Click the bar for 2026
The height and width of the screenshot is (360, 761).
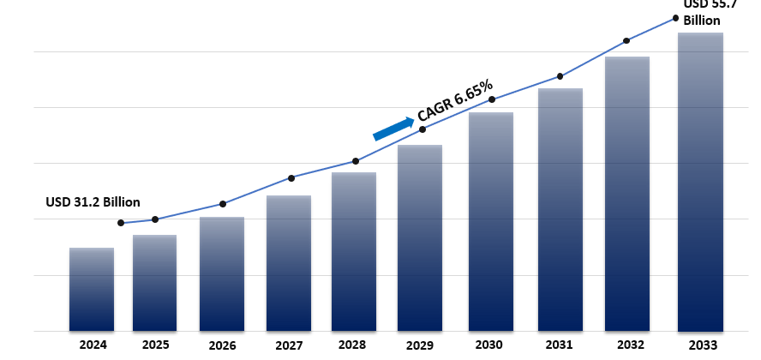[x=222, y=273]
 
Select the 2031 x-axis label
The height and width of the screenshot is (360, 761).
[x=560, y=345]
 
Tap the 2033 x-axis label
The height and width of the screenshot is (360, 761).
[x=700, y=345]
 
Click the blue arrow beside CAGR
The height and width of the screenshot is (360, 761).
[x=393, y=128]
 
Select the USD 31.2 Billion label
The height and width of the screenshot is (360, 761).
[x=93, y=202]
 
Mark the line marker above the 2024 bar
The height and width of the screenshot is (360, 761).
[x=121, y=223]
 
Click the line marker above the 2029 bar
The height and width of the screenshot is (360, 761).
[x=422, y=129]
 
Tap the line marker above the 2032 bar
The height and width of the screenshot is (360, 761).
[x=626, y=40]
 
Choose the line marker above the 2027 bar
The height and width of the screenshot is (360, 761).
[x=291, y=178]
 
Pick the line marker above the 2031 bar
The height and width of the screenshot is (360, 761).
[x=560, y=76]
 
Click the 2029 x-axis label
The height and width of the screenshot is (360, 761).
[x=420, y=345]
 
